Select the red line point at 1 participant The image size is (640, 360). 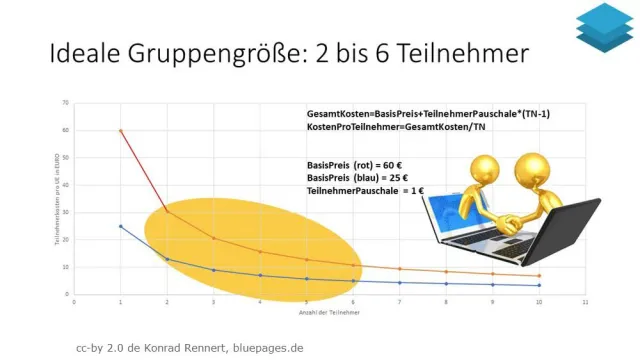click(121, 130)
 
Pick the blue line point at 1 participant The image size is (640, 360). click(121, 226)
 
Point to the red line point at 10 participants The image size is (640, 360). click(539, 276)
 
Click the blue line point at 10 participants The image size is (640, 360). click(539, 285)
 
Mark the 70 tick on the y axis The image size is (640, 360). click(65, 103)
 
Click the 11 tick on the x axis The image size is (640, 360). click(585, 301)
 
